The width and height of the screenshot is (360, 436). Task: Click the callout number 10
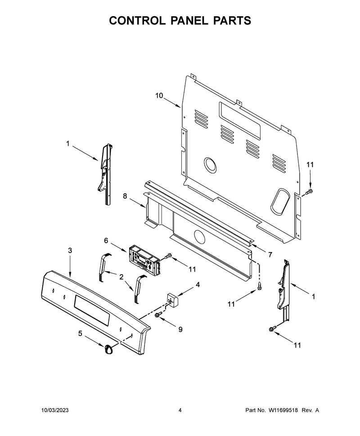[x=159, y=96]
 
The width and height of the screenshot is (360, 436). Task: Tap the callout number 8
[x=125, y=196]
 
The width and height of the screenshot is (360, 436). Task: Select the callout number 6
[x=106, y=240]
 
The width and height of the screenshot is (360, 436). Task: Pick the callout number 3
[x=70, y=250]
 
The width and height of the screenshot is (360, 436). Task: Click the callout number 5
[x=80, y=334]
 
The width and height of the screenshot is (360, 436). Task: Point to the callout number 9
[x=180, y=329]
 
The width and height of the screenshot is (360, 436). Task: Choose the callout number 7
[x=270, y=255]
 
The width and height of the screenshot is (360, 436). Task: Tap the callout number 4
[x=198, y=285]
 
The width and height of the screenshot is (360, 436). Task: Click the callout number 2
[x=121, y=277]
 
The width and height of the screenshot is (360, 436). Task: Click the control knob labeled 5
[x=108, y=349]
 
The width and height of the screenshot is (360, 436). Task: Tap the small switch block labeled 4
[x=172, y=299]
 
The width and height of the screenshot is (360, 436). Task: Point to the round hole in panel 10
[x=210, y=165]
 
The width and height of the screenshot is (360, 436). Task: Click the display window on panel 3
[x=92, y=310]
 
